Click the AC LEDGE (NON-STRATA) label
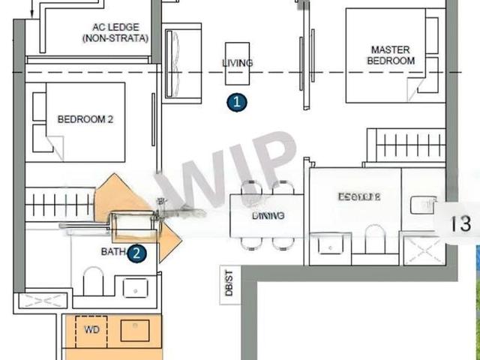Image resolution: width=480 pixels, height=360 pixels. point(115,32)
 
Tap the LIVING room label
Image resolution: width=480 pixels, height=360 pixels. point(238,63)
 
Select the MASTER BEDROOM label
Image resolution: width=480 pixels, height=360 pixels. point(391,55)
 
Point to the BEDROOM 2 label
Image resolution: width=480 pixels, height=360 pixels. point(85,118)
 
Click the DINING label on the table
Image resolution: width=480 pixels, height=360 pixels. point(268,215)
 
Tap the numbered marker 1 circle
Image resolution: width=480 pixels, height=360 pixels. point(237,103)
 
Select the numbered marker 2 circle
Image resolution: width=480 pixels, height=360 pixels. point(136,253)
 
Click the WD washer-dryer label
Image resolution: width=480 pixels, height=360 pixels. point(91,328)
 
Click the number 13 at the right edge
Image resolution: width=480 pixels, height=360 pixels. point(460,223)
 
